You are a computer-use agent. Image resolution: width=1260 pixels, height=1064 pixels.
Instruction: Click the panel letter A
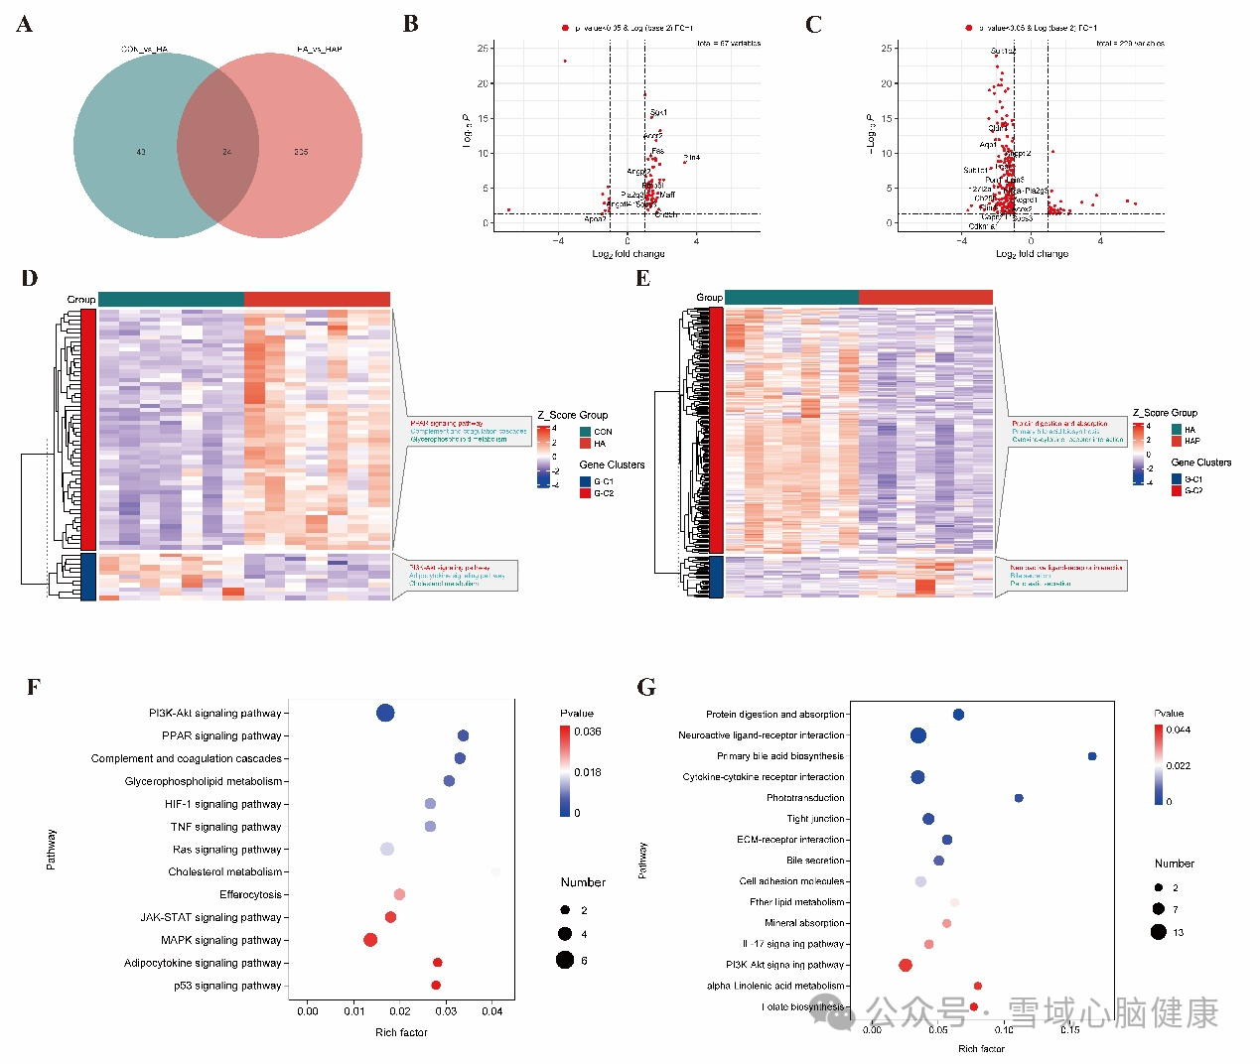pos(25,25)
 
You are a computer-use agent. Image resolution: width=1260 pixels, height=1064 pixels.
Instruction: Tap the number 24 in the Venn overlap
pos(226,152)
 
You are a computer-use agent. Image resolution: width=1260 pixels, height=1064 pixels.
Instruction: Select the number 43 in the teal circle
pos(141,152)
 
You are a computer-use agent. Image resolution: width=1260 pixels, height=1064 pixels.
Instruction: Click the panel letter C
pos(814,25)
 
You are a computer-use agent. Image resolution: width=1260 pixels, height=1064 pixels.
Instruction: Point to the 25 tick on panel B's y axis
pos(483,48)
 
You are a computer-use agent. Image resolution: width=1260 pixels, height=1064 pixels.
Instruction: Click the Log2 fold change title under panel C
pos(1032,254)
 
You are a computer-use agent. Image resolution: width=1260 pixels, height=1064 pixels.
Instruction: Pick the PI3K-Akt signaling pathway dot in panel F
pos(385,713)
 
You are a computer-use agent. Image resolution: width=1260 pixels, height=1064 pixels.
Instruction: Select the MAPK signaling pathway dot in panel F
pos(370,940)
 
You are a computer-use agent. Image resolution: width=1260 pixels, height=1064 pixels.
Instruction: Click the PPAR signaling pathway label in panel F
pos(221,735)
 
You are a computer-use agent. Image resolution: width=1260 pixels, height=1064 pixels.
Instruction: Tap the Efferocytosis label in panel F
pos(250,894)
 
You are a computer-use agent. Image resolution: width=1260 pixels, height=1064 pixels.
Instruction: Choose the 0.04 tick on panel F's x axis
pos(492,1011)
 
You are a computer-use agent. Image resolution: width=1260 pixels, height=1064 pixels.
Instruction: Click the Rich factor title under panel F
pos(401,1032)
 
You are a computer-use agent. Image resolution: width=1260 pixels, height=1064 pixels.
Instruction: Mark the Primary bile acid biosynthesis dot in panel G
pos(1092,756)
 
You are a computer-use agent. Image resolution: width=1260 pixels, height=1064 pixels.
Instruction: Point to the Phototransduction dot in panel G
pos(1019,798)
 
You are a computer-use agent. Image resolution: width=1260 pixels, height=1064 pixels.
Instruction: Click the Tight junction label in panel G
pos(815,819)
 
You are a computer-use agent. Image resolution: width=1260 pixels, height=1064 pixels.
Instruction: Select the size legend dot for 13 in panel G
pos(1158,932)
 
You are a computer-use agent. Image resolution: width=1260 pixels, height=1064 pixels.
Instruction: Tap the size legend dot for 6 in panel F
pos(565,960)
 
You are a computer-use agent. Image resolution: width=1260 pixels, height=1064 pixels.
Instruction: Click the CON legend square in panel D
pos(585,432)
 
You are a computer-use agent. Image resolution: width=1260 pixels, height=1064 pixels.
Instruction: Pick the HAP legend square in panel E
pos(1177,441)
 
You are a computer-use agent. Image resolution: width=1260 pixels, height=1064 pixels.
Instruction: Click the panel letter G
pos(646,687)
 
